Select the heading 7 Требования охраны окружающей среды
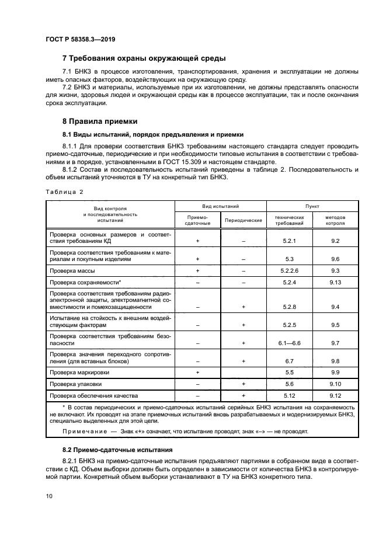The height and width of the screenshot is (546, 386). coord(144,58)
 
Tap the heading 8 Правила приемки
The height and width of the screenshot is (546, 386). coord(100,121)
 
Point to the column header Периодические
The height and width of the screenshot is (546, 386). coord(244,220)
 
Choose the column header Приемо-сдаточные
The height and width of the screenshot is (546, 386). coord(197,220)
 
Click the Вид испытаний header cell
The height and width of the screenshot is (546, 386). coord(221,206)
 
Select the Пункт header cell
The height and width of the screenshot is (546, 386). coord(312,206)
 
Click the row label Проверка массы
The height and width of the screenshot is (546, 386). coord(72,270)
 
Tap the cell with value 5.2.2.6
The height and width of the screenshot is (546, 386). coord(289,270)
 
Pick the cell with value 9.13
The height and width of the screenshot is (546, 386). coord(335,282)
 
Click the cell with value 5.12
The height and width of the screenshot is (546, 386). coord(289,395)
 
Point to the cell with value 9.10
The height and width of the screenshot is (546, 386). coord(335,384)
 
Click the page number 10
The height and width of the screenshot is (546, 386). coord(48,496)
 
